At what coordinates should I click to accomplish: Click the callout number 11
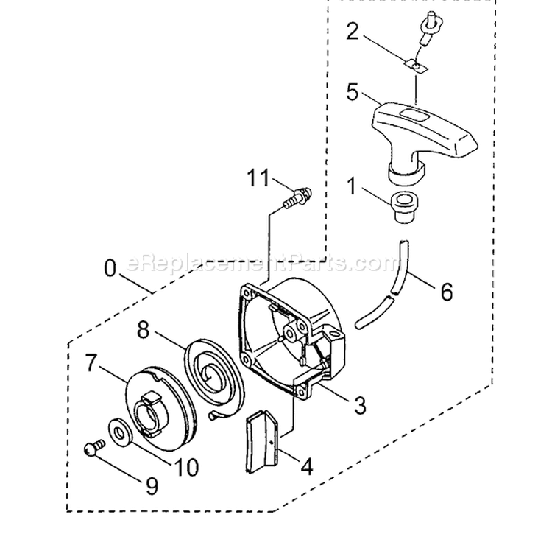[258, 178]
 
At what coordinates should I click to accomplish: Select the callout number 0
[110, 269]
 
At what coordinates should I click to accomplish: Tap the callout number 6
[447, 292]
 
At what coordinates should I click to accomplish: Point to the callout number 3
[360, 405]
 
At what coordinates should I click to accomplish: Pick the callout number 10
[187, 467]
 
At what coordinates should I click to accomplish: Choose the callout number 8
[143, 331]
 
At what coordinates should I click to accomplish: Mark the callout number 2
[353, 32]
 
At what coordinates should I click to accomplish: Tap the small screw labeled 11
[297, 197]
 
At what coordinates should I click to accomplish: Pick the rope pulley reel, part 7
[161, 409]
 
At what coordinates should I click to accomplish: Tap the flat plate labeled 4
[262, 442]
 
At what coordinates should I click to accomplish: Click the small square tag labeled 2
[417, 67]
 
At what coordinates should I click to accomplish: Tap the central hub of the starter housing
[291, 331]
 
